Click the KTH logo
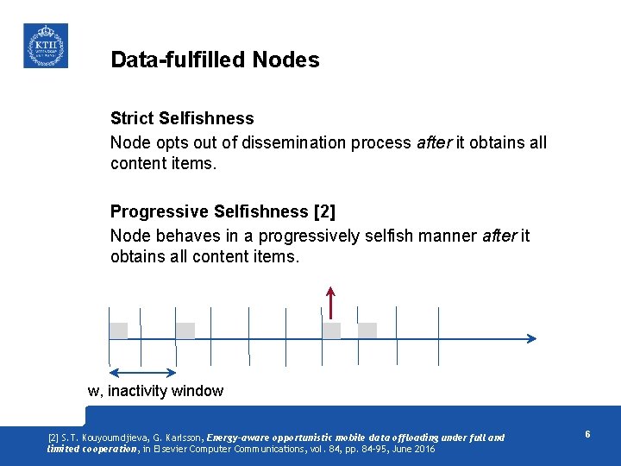coord(45,46)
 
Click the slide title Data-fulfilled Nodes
coord(215,60)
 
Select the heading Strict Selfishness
coord(182,118)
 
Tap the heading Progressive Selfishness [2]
coord(223,211)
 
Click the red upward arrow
coord(331,302)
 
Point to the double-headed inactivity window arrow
coord(143,372)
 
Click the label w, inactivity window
coord(155,391)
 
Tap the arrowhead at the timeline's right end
coord(531,339)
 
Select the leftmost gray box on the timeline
coord(118,331)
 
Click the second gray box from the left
coord(185,331)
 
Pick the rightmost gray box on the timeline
coord(367,331)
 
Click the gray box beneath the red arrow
coord(331,331)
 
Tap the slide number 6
coord(587,434)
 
